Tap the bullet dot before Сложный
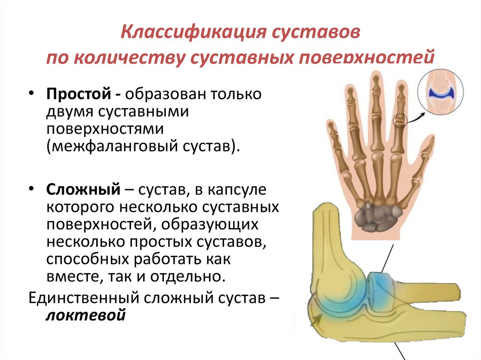(x=31, y=189)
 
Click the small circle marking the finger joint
(x=400, y=121)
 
